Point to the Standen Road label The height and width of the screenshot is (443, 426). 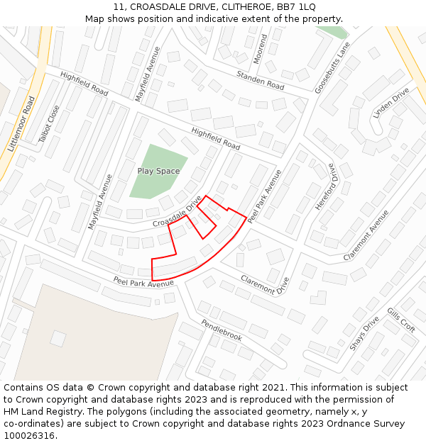tap(260, 80)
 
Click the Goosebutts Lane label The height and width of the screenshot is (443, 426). tap(335, 67)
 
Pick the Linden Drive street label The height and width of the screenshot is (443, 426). tap(391, 101)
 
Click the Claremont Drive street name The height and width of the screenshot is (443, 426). tap(265, 284)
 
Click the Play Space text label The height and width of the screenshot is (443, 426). tap(158, 171)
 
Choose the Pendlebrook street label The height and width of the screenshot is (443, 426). tap(222, 330)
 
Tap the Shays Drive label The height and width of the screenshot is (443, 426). tap(364, 333)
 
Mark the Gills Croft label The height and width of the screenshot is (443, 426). tap(401, 320)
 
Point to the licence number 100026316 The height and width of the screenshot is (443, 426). tap(29, 436)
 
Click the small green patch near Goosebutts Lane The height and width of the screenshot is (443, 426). tap(334, 32)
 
